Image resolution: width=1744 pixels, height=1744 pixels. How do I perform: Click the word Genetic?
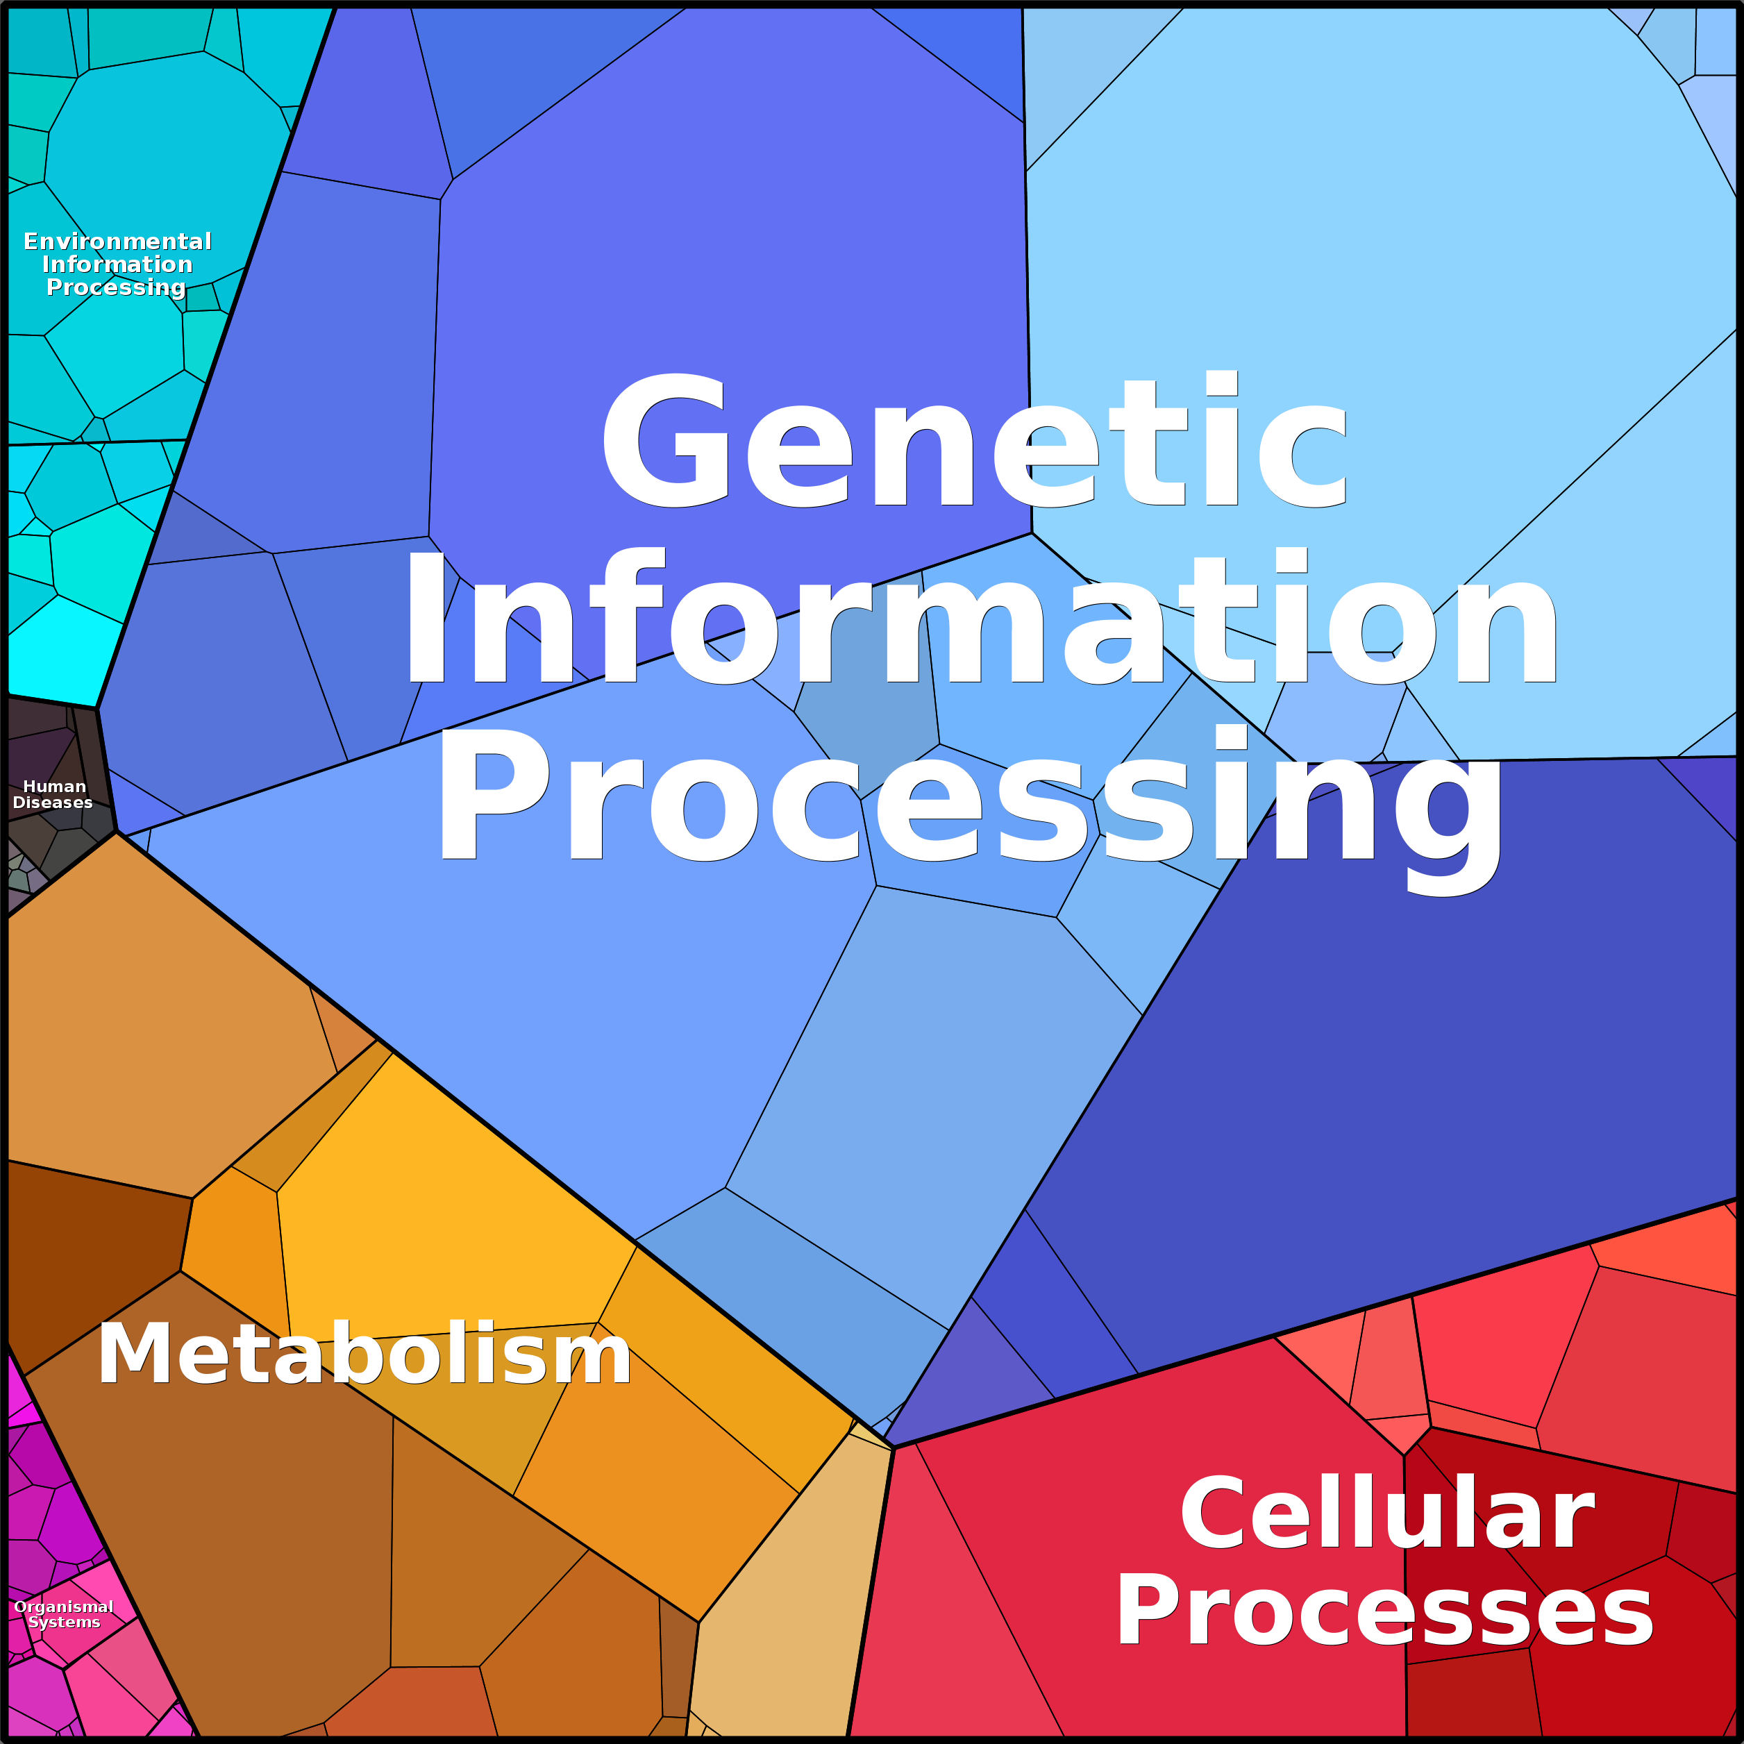tap(975, 439)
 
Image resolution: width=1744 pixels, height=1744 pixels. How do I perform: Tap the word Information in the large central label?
tap(980, 617)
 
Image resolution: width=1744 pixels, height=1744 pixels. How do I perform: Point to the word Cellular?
tap(1387, 1514)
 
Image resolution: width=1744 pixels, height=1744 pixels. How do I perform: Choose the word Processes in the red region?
tap(1386, 1613)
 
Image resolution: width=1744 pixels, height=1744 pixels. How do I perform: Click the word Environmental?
tap(117, 241)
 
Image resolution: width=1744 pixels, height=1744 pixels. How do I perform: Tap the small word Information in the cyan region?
tap(117, 264)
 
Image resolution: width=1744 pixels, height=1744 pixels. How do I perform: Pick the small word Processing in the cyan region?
tap(117, 287)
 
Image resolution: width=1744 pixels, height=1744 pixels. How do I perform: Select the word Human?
tap(54, 786)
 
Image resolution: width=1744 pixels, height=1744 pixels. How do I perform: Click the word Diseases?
tap(52, 803)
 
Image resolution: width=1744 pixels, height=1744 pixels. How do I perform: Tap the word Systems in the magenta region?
tap(64, 1621)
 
